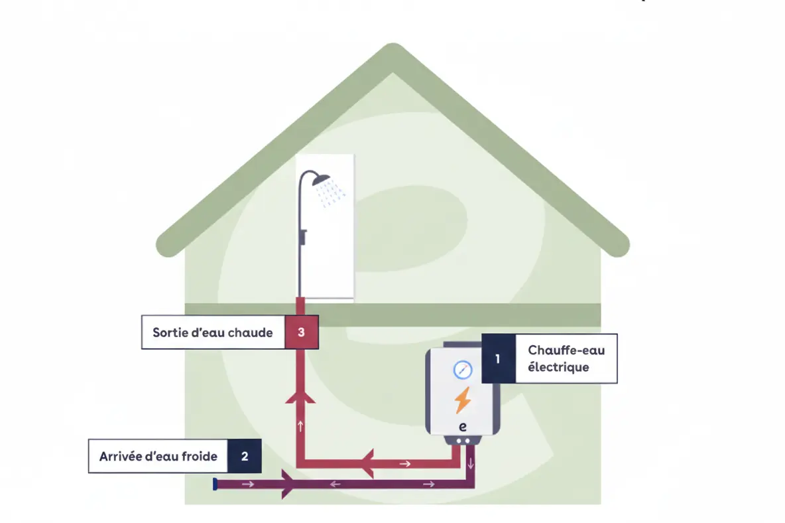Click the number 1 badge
click(498, 358)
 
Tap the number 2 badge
click(245, 456)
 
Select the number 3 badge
click(301, 332)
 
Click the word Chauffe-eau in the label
click(566, 350)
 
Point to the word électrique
click(558, 367)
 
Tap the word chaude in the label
click(250, 332)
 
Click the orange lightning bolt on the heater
click(463, 400)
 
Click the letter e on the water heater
click(463, 427)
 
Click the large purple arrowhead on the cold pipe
click(289, 485)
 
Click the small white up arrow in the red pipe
click(301, 425)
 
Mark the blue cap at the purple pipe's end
click(215, 485)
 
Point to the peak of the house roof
click(393, 50)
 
